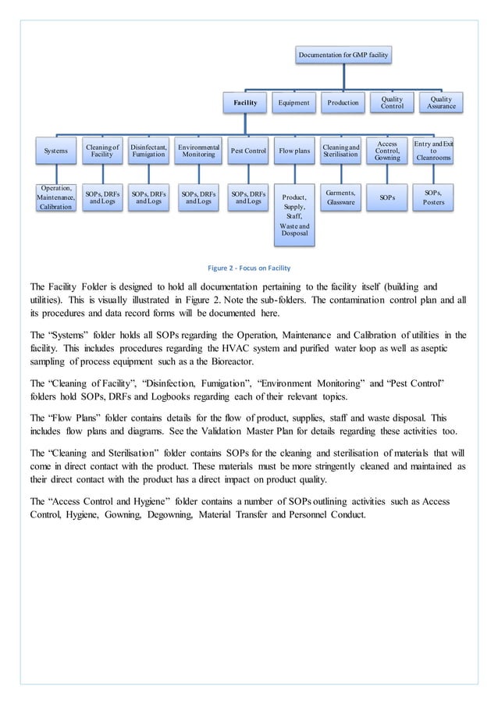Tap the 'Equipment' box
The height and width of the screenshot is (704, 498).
[294, 102]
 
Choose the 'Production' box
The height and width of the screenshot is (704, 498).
[343, 102]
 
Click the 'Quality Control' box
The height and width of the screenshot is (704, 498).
[392, 102]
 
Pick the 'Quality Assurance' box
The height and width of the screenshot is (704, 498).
[440, 102]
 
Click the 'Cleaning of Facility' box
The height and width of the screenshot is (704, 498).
[101, 151]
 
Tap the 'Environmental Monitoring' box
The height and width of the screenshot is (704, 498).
[198, 151]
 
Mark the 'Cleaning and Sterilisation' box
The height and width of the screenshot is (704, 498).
[343, 151]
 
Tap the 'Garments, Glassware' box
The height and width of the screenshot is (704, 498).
[343, 197]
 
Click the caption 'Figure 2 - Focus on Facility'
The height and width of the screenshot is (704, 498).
[249, 268]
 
